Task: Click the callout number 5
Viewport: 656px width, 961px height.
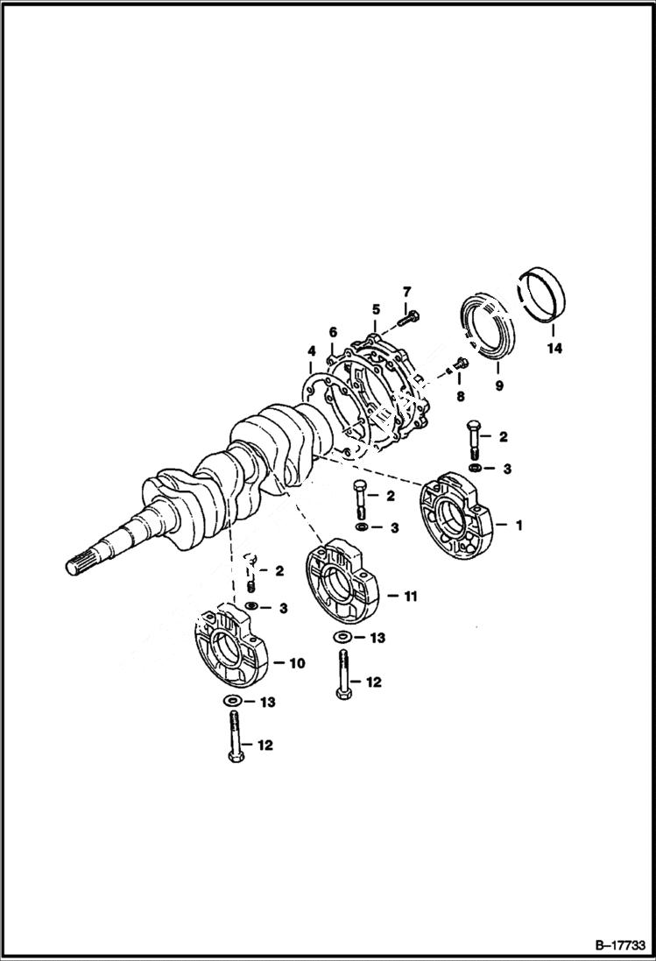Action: click(x=375, y=309)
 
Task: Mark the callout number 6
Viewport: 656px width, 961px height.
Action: click(x=333, y=332)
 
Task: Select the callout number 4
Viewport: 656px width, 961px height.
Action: click(x=310, y=354)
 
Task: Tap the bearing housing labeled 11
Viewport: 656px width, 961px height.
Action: click(x=342, y=588)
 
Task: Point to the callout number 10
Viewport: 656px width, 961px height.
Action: click(x=296, y=664)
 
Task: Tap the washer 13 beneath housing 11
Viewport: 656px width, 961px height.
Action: click(x=342, y=637)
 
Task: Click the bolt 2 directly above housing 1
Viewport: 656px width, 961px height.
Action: click(x=474, y=440)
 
